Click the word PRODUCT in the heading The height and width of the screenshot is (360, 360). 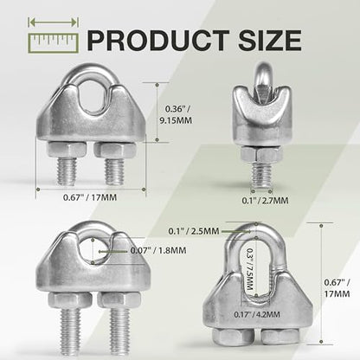click(157, 40)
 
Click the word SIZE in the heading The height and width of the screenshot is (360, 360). click(270, 40)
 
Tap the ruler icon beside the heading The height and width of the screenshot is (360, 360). click(54, 43)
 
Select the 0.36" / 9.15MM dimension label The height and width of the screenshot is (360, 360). click(176, 114)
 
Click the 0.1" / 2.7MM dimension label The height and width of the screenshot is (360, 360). click(265, 200)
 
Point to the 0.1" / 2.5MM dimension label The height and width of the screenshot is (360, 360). click(194, 231)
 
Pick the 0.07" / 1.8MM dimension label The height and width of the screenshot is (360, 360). click(158, 250)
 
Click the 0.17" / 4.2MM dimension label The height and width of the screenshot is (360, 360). click(257, 314)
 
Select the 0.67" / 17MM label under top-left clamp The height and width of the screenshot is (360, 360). click(90, 197)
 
